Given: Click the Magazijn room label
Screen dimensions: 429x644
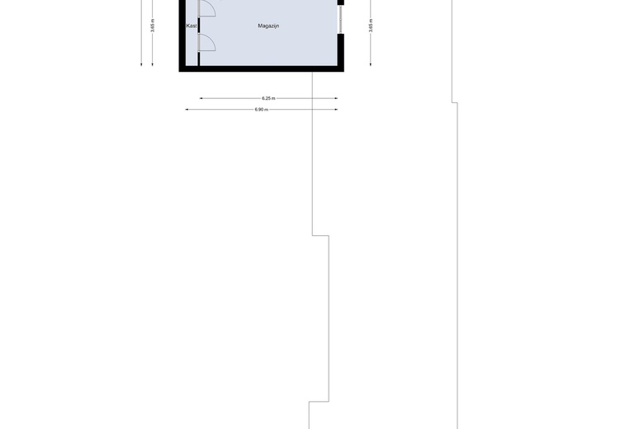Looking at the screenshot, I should point(268,26).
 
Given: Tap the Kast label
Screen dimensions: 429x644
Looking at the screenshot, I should point(192,26).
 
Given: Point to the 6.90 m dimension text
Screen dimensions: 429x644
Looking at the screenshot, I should point(261,110).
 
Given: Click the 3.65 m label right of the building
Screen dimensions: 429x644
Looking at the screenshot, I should point(371,25).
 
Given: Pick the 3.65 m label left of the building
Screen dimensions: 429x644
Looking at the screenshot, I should point(153,25).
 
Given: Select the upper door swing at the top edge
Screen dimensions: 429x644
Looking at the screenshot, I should point(206,8).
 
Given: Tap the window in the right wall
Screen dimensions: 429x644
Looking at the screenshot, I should point(340,20).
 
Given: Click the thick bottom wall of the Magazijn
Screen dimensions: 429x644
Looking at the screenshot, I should point(261,68).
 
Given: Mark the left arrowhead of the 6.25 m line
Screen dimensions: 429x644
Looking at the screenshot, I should point(201,98).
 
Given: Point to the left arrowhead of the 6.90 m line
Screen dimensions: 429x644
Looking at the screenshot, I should point(187,110).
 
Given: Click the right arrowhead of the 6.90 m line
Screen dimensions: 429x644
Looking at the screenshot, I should point(336,110).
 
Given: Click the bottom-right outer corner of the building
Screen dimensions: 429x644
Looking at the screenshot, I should point(343,71).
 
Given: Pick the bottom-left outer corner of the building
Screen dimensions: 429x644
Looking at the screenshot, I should point(180,71).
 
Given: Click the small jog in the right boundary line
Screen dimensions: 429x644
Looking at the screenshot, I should point(454,102).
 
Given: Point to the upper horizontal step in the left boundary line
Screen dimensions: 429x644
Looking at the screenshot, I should point(320,235).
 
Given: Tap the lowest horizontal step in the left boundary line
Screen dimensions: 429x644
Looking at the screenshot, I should point(320,402).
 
